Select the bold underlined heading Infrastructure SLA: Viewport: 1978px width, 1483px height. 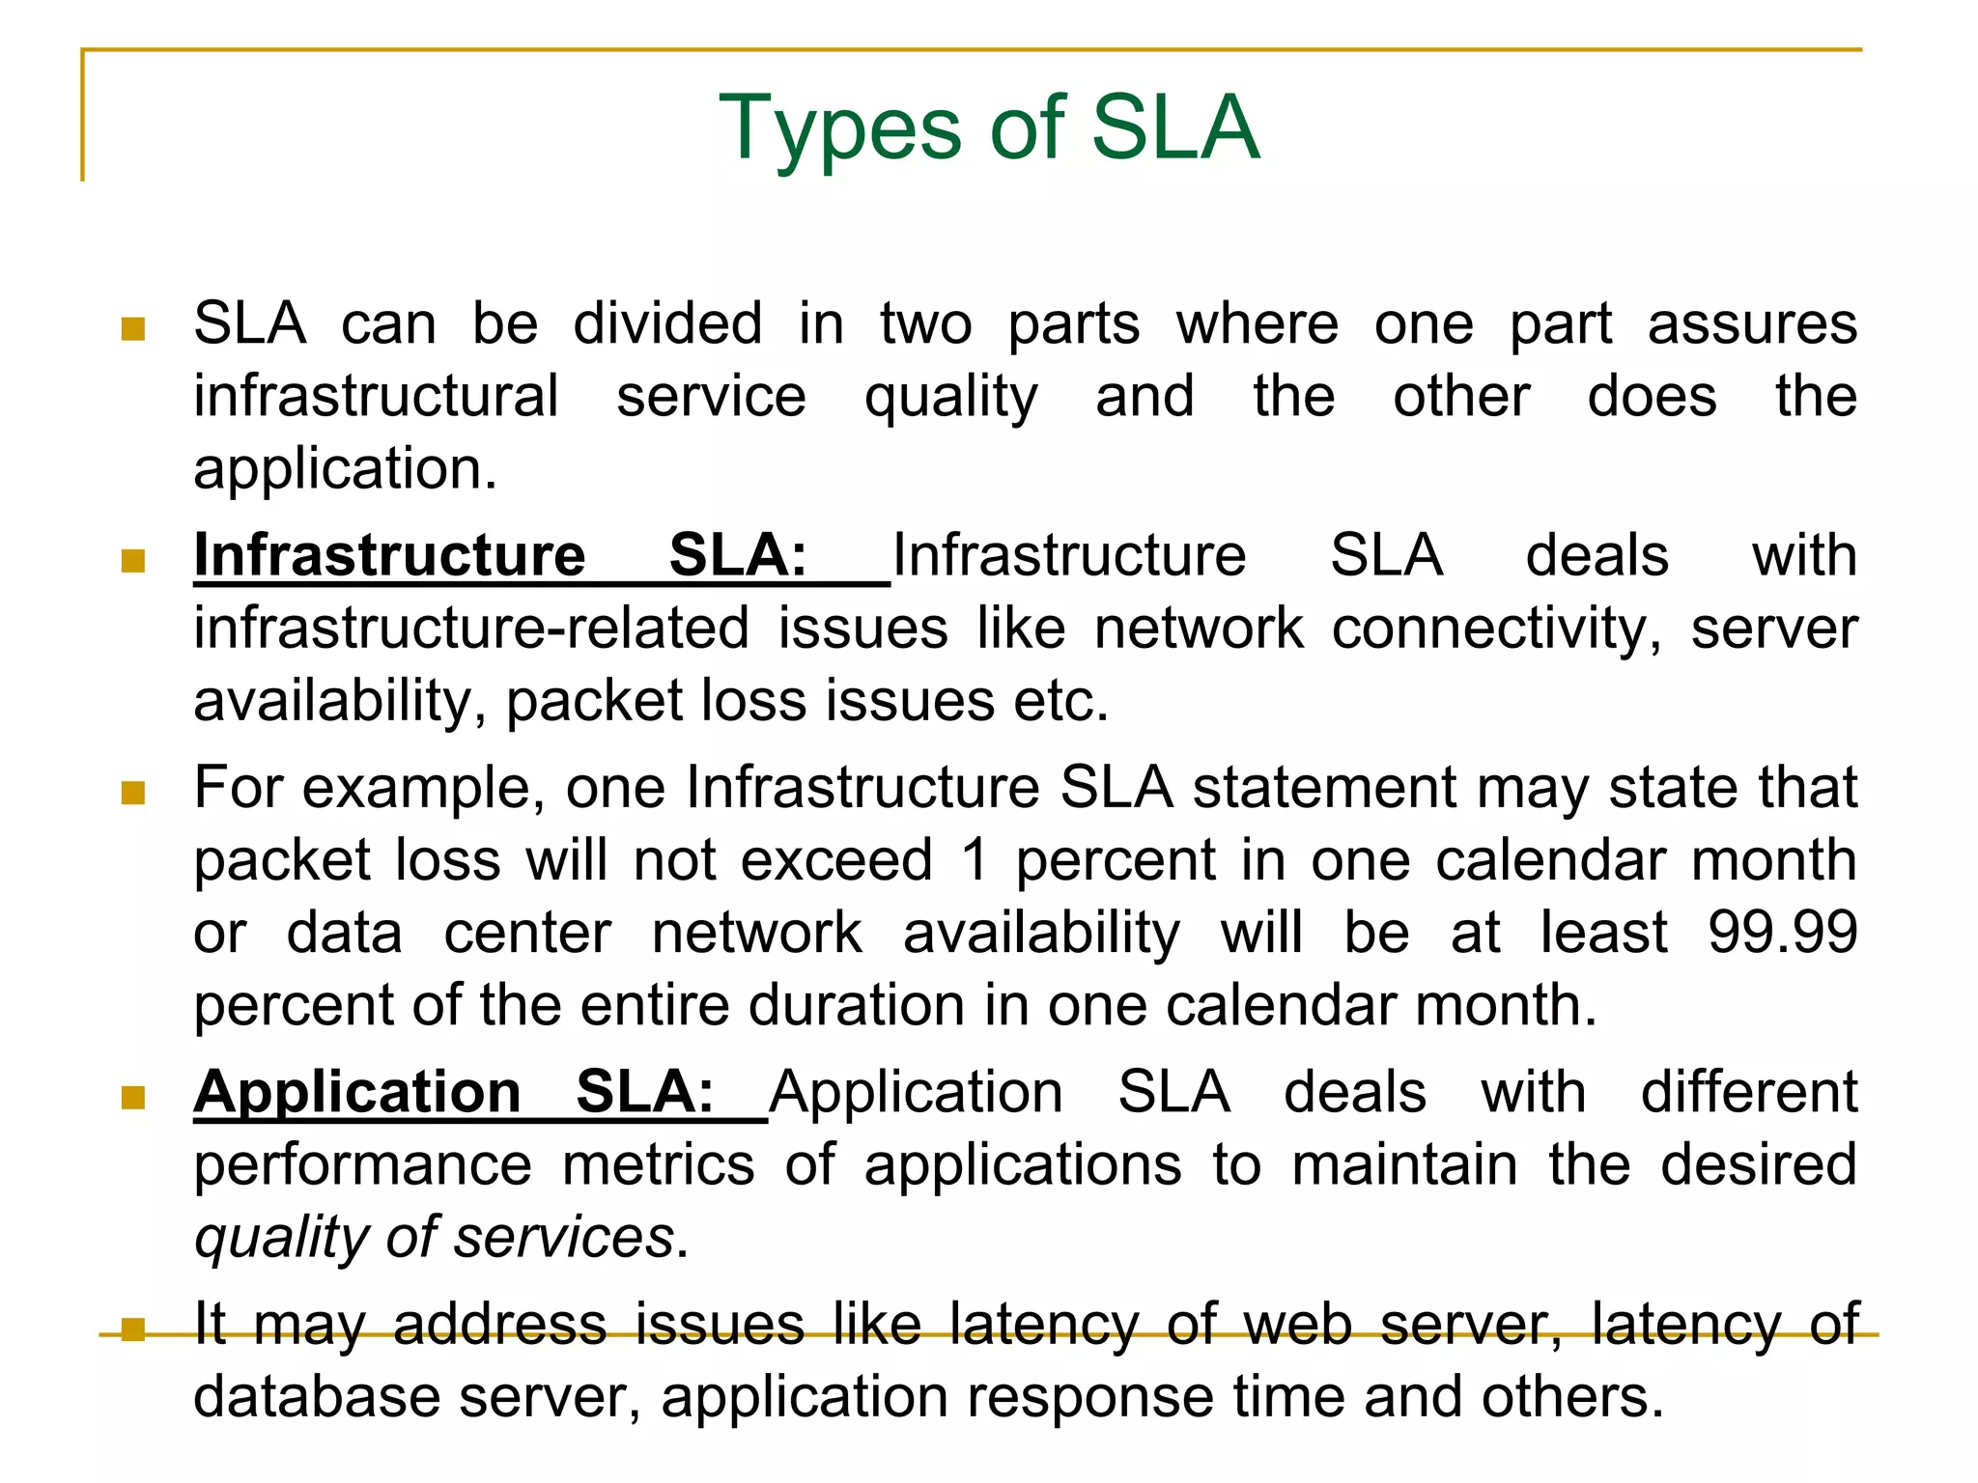click(500, 556)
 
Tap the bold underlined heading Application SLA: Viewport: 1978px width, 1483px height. click(454, 1093)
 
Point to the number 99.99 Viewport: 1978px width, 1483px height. click(1782, 933)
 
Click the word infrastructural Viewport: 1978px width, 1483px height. click(376, 397)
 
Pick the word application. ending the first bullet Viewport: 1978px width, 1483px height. click(345, 469)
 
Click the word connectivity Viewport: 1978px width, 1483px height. click(1496, 629)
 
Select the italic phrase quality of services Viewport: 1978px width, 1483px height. click(435, 1238)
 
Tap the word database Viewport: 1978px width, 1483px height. click(316, 1397)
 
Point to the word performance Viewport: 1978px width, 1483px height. click(362, 1165)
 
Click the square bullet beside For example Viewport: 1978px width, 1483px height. click(133, 794)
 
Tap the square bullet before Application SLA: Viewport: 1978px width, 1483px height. click(133, 1098)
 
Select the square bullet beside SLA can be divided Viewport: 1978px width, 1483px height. click(133, 329)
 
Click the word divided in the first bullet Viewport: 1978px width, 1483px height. click(667, 323)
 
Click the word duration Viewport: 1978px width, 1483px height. click(856, 1005)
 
